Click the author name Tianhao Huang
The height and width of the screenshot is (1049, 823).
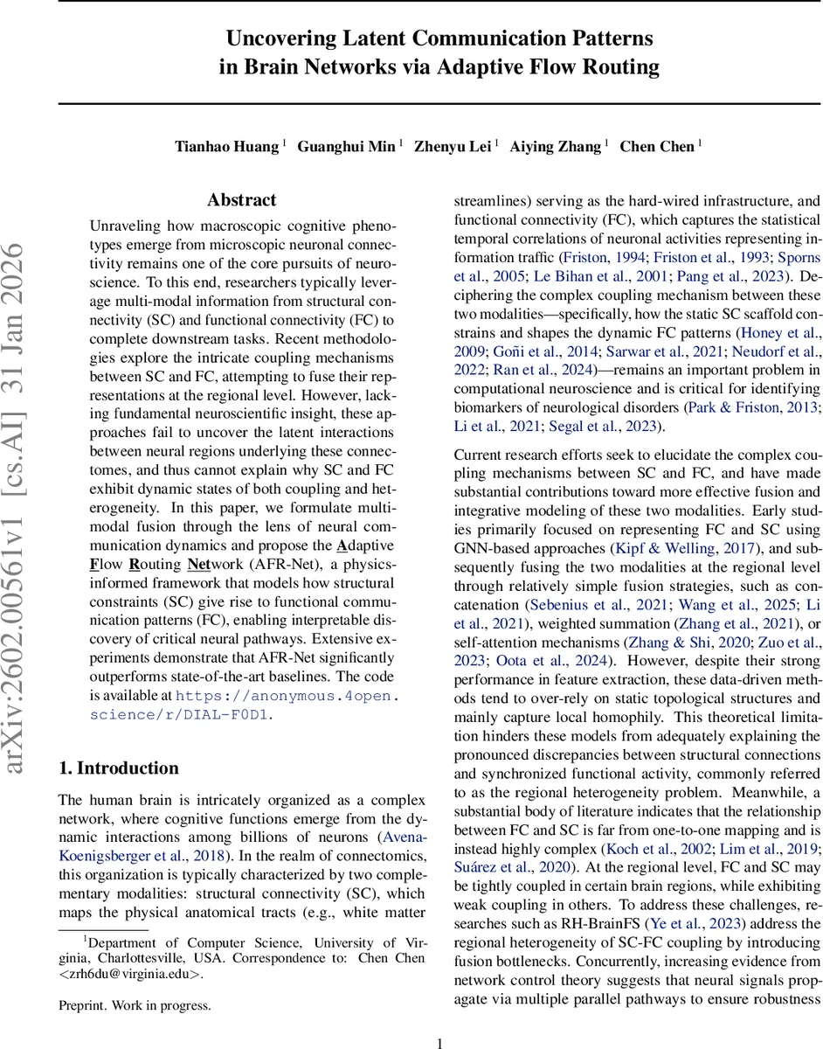point(226,146)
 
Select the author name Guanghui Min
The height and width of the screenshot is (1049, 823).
point(346,146)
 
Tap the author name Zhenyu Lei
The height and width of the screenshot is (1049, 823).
point(453,146)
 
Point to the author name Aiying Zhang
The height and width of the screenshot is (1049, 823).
point(556,146)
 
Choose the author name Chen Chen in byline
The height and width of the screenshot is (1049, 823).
point(657,146)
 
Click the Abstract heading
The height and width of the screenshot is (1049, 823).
point(242,200)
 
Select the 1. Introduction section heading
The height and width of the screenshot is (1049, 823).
point(118,768)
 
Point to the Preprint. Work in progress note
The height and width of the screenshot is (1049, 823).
point(135,1005)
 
